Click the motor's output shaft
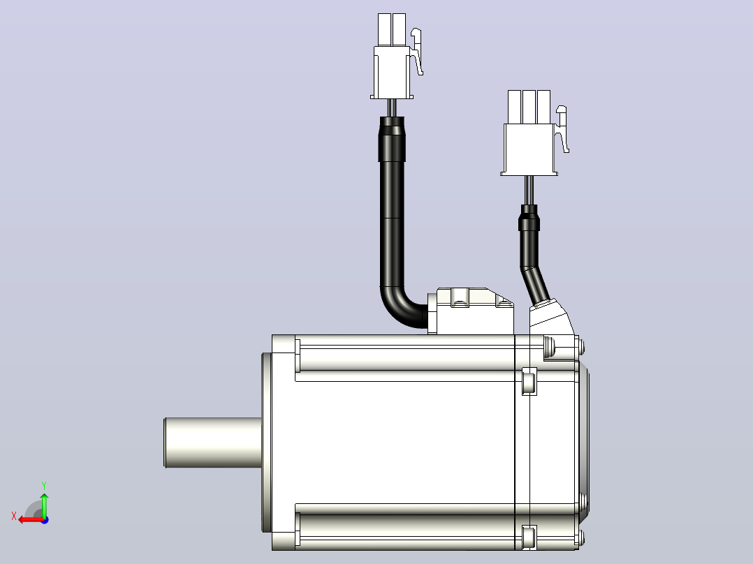click(213, 443)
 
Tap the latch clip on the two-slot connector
click(417, 52)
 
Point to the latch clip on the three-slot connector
click(562, 129)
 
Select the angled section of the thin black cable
click(535, 284)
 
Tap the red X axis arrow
click(31, 520)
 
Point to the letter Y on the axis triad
click(44, 486)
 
